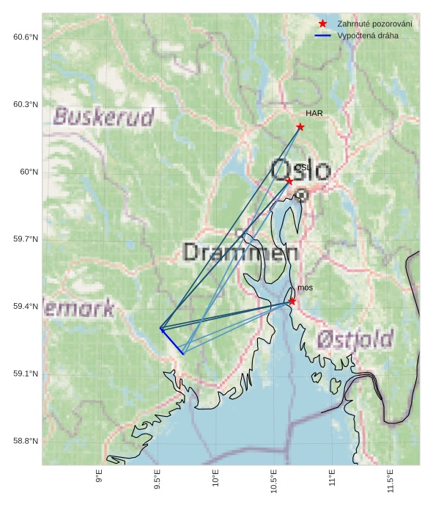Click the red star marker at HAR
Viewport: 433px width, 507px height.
[300, 127]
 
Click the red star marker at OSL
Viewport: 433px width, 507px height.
[289, 180]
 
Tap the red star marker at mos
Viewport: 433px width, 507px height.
[292, 301]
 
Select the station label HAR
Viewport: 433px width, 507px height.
[314, 114]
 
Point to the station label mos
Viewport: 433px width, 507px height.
[305, 288]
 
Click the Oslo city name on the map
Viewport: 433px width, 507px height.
[300, 169]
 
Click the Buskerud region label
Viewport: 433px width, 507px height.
[104, 117]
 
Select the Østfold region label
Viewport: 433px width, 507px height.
[355, 339]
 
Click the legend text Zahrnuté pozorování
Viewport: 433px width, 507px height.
[374, 24]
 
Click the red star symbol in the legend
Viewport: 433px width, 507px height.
[322, 24]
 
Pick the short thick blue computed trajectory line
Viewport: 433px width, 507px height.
[172, 342]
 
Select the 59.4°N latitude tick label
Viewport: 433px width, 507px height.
[26, 307]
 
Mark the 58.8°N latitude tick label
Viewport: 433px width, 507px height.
[26, 441]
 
